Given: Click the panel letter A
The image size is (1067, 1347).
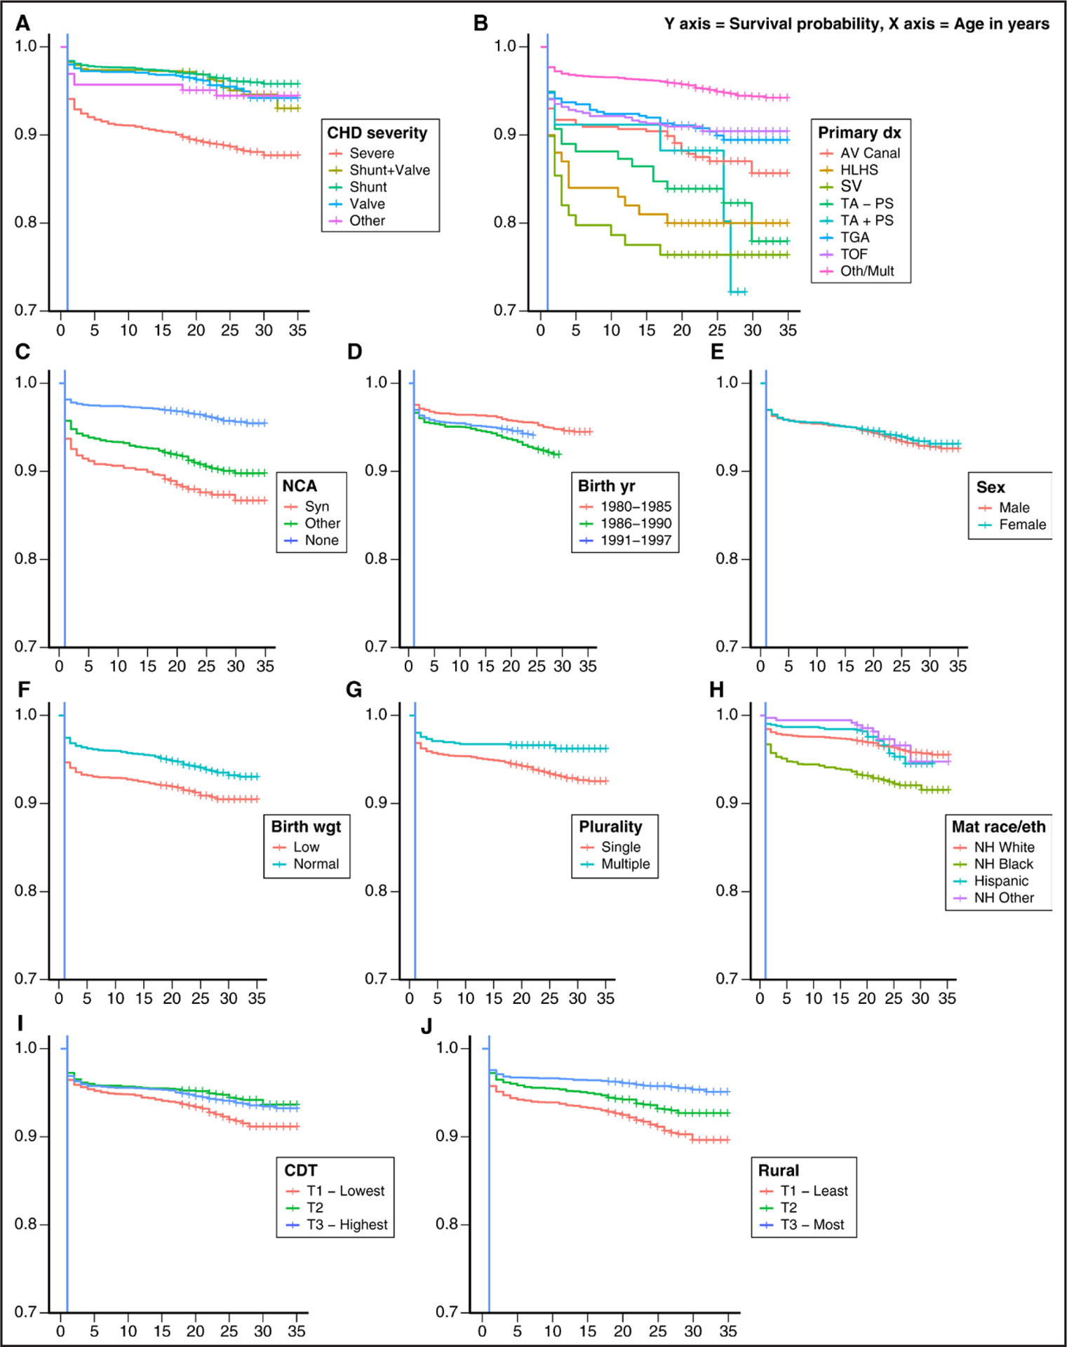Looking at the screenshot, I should click(23, 24).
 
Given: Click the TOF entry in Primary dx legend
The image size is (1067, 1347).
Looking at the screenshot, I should click(854, 254).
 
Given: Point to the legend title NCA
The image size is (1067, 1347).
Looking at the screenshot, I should click(300, 485).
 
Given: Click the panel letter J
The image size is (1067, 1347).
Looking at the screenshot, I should click(427, 1026).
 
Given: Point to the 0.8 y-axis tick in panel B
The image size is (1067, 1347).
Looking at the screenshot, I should click(504, 222).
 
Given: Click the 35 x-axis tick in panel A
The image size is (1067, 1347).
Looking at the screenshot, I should click(297, 330).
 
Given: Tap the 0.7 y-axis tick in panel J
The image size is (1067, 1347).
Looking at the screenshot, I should click(447, 1311).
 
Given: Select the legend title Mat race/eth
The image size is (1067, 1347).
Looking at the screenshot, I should click(998, 826).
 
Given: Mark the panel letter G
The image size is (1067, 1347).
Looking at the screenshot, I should click(354, 690).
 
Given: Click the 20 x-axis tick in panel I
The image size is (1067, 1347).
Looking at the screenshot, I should click(195, 1331).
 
